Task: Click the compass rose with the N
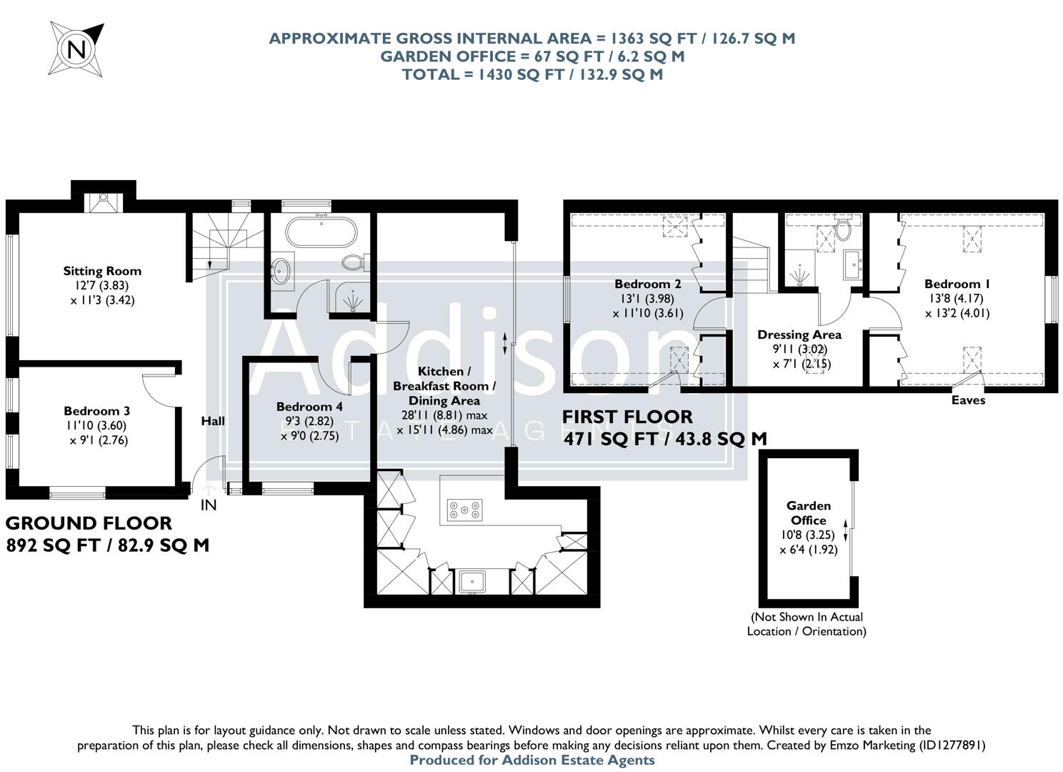[x=76, y=49]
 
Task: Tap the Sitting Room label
[x=102, y=271]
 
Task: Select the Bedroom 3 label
[x=96, y=411]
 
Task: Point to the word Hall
[x=213, y=421]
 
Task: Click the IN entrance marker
[x=208, y=505]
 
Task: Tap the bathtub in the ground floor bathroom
[x=319, y=232]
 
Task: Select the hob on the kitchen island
[x=464, y=510]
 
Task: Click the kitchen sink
[x=471, y=581]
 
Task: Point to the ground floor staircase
[x=218, y=241]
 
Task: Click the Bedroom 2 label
[x=648, y=284]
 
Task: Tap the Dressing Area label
[x=799, y=335]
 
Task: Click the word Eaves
[x=968, y=400]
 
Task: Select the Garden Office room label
[x=809, y=513]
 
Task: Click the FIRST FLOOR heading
[x=627, y=417]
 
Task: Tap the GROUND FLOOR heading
[x=89, y=524]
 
